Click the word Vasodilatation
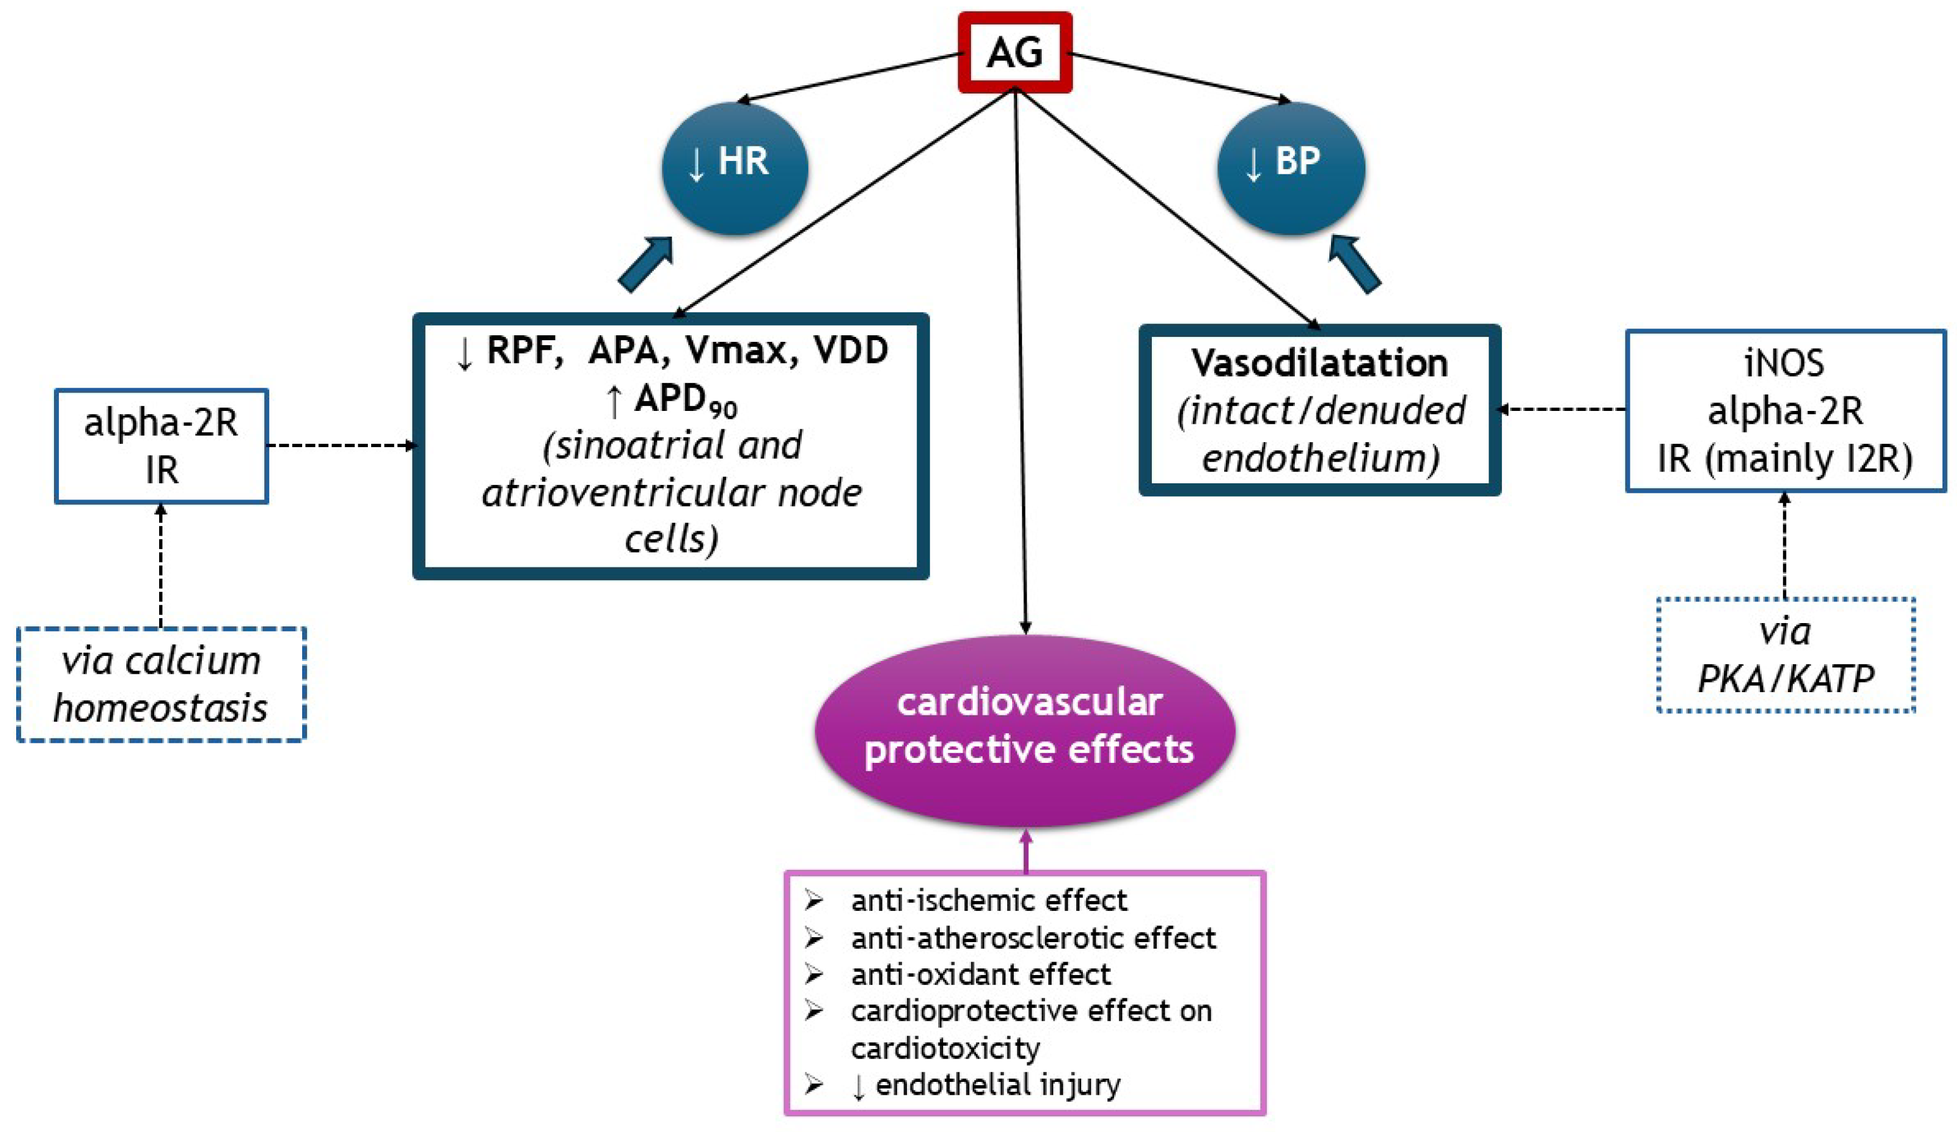[x=1319, y=363]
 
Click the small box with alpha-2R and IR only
[x=161, y=446]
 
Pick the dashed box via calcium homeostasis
[x=161, y=684]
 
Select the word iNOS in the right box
[x=1785, y=363]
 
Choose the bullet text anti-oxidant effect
[x=980, y=974]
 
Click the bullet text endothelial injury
[x=997, y=1085]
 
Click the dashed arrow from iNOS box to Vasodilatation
[x=1561, y=409]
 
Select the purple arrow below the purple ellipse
[x=1026, y=851]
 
